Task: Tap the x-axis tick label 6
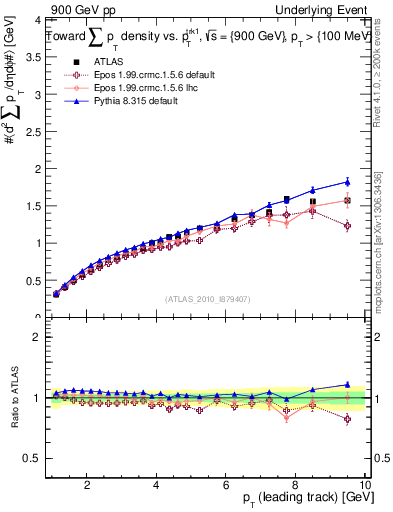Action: click(226, 485)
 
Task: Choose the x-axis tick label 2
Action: click(88, 485)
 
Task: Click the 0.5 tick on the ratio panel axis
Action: click(33, 458)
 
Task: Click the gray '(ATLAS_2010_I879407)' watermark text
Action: click(208, 299)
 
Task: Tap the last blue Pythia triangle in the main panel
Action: click(347, 182)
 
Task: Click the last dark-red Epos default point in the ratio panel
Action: click(347, 419)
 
